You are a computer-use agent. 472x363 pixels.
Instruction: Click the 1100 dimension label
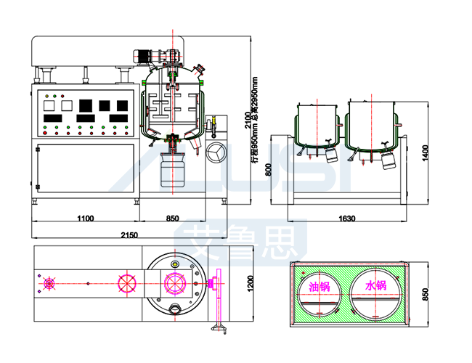[86, 218]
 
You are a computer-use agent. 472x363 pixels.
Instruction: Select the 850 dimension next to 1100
[173, 218]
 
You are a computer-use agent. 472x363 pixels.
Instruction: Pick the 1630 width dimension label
[346, 218]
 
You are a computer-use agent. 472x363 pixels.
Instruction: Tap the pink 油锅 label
[320, 286]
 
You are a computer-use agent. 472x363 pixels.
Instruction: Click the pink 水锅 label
[375, 286]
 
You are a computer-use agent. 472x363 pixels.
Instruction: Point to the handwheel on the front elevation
[216, 153]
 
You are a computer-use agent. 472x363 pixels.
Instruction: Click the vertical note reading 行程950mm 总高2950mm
[256, 120]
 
